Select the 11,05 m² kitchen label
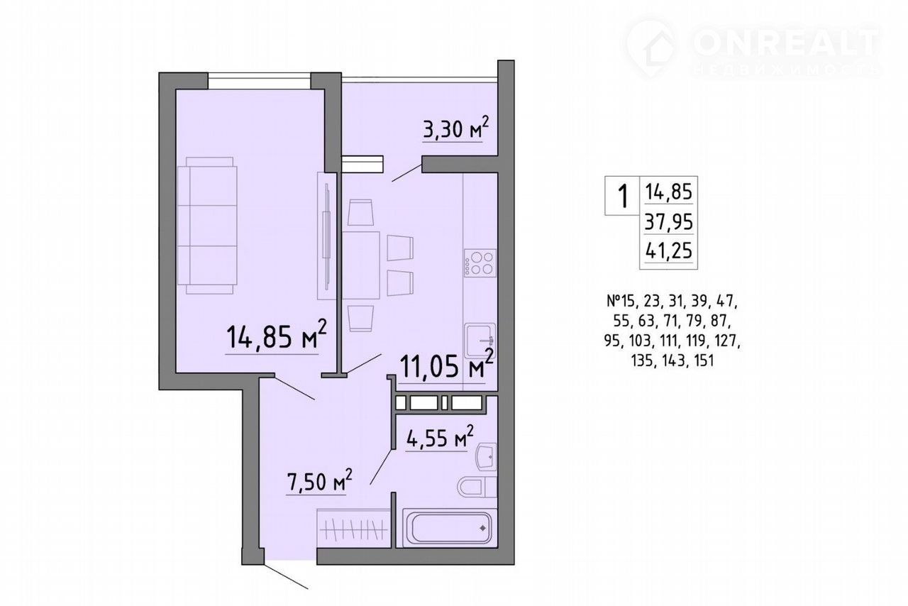(446, 364)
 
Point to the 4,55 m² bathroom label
(439, 437)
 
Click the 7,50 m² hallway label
(319, 480)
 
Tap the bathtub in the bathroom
(450, 527)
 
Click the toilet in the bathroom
(477, 486)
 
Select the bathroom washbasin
(486, 457)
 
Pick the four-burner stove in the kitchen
(480, 263)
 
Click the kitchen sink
(480, 339)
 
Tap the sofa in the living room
(207, 226)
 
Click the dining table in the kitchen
(361, 265)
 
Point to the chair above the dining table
(360, 212)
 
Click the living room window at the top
(260, 80)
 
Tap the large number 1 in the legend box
(622, 196)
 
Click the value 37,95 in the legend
(668, 222)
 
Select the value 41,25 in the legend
(668, 250)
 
